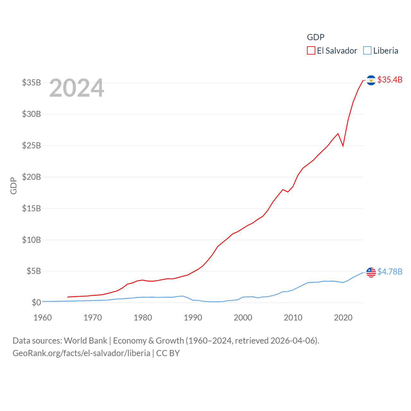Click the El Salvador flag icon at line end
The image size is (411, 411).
(x=371, y=80)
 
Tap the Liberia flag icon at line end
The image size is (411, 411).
(x=371, y=272)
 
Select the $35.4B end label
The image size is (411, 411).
(x=390, y=80)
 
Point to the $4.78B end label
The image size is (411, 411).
(x=390, y=272)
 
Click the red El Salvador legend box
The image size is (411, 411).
(x=311, y=51)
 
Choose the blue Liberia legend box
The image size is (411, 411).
(x=367, y=51)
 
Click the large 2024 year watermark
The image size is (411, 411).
(x=76, y=88)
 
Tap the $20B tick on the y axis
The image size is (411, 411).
(x=31, y=177)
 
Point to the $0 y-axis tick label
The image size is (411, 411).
(x=36, y=302)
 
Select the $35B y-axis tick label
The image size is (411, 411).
(x=31, y=83)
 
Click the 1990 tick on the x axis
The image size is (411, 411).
(x=193, y=318)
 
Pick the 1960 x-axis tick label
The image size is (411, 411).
(x=43, y=318)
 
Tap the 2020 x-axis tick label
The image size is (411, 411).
(x=343, y=318)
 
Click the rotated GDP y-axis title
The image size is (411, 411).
(x=13, y=186)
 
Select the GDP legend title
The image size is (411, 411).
(x=316, y=37)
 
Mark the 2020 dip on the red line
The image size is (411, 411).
(x=343, y=146)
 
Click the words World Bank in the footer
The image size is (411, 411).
(x=85, y=341)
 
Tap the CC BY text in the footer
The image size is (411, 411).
(x=168, y=353)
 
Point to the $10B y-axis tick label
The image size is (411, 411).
(x=31, y=240)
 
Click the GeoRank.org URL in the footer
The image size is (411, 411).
(x=81, y=353)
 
